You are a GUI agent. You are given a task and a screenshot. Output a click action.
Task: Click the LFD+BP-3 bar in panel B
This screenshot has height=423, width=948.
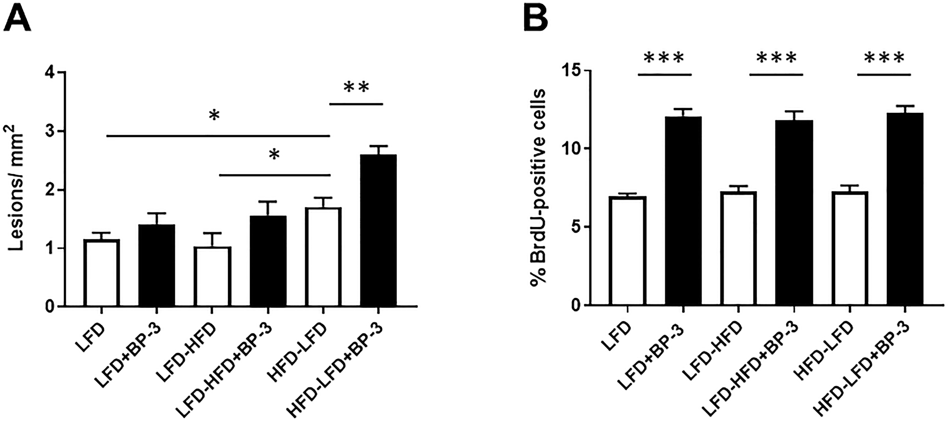coord(683,211)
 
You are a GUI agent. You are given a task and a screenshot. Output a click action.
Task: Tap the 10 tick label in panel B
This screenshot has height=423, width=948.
coord(569,148)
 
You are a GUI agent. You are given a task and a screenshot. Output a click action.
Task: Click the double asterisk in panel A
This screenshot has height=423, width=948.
coord(356,88)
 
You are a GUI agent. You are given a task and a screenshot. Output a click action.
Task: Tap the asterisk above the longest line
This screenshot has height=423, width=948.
coord(214,116)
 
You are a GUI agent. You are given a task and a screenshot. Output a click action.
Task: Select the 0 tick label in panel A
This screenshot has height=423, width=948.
coord(49,306)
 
